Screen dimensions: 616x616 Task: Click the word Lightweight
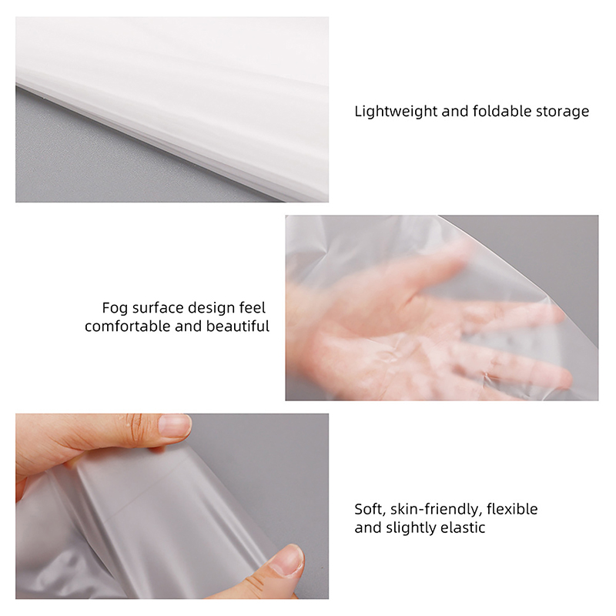pos(396,112)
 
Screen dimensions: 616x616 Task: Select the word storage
pos(563,112)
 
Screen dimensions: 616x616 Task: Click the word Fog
pos(115,309)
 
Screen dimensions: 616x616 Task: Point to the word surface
pos(158,308)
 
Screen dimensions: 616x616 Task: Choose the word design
pos(211,309)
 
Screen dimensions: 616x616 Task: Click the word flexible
pos(512,509)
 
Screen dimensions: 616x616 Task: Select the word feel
pos(253,308)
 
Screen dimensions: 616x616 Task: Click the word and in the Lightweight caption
pos(455,112)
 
